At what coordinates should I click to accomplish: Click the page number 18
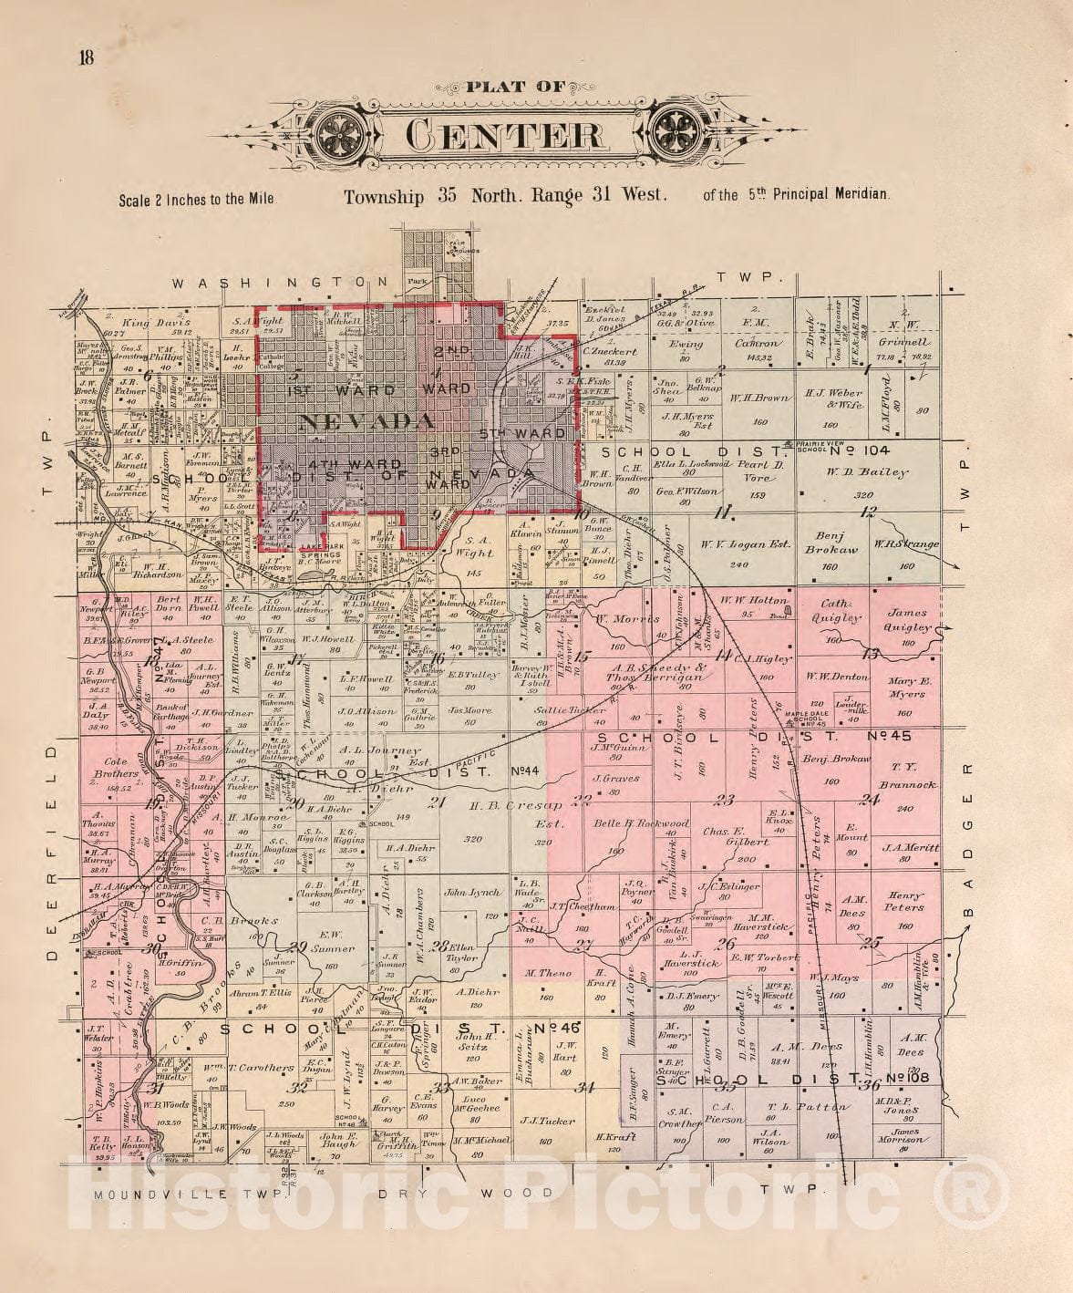pos(87,59)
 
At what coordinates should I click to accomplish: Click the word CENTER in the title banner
pos(503,135)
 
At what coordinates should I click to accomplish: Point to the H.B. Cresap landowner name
pos(506,806)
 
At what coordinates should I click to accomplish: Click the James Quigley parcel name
pos(908,620)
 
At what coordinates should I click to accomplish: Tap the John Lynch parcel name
pos(471,893)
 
